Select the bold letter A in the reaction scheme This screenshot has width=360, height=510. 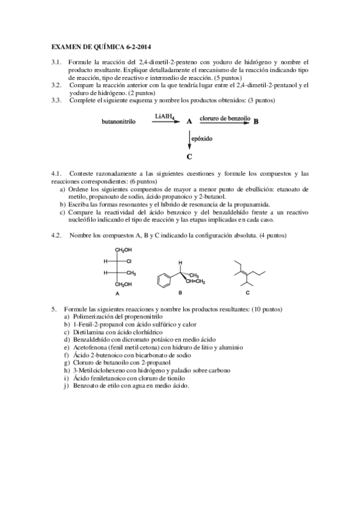[x=189, y=121]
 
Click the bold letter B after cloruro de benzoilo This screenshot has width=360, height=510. [x=256, y=121]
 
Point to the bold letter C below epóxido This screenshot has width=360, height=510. [x=189, y=157]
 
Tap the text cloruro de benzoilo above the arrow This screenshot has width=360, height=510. [x=224, y=118]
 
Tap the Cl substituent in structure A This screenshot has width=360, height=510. [x=129, y=261]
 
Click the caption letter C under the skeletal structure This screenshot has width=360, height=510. [x=248, y=293]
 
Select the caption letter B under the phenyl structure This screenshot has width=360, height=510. [x=180, y=293]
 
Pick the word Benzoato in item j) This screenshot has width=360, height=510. [x=85, y=386]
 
